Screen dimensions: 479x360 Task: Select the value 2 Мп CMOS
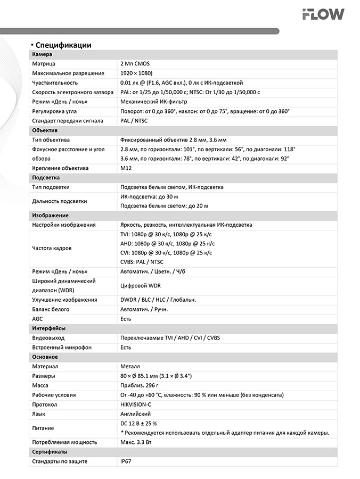pos(135,64)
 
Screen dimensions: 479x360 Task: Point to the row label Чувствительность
pos(55,83)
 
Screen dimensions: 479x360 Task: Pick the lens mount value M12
pos(126,168)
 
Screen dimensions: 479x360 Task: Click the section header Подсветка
pos(46,178)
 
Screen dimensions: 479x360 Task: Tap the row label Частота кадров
pos(52,248)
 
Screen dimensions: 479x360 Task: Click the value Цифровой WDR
pos(141,286)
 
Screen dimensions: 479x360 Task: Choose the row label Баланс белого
pos(51,309)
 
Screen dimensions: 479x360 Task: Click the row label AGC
pos(37,319)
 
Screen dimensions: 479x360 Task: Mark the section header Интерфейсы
pos(48,328)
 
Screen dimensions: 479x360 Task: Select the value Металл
pos(130,367)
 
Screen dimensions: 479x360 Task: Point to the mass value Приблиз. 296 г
pos(140,385)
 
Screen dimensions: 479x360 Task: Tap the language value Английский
pos(136,414)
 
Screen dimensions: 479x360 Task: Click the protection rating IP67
pos(126,461)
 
